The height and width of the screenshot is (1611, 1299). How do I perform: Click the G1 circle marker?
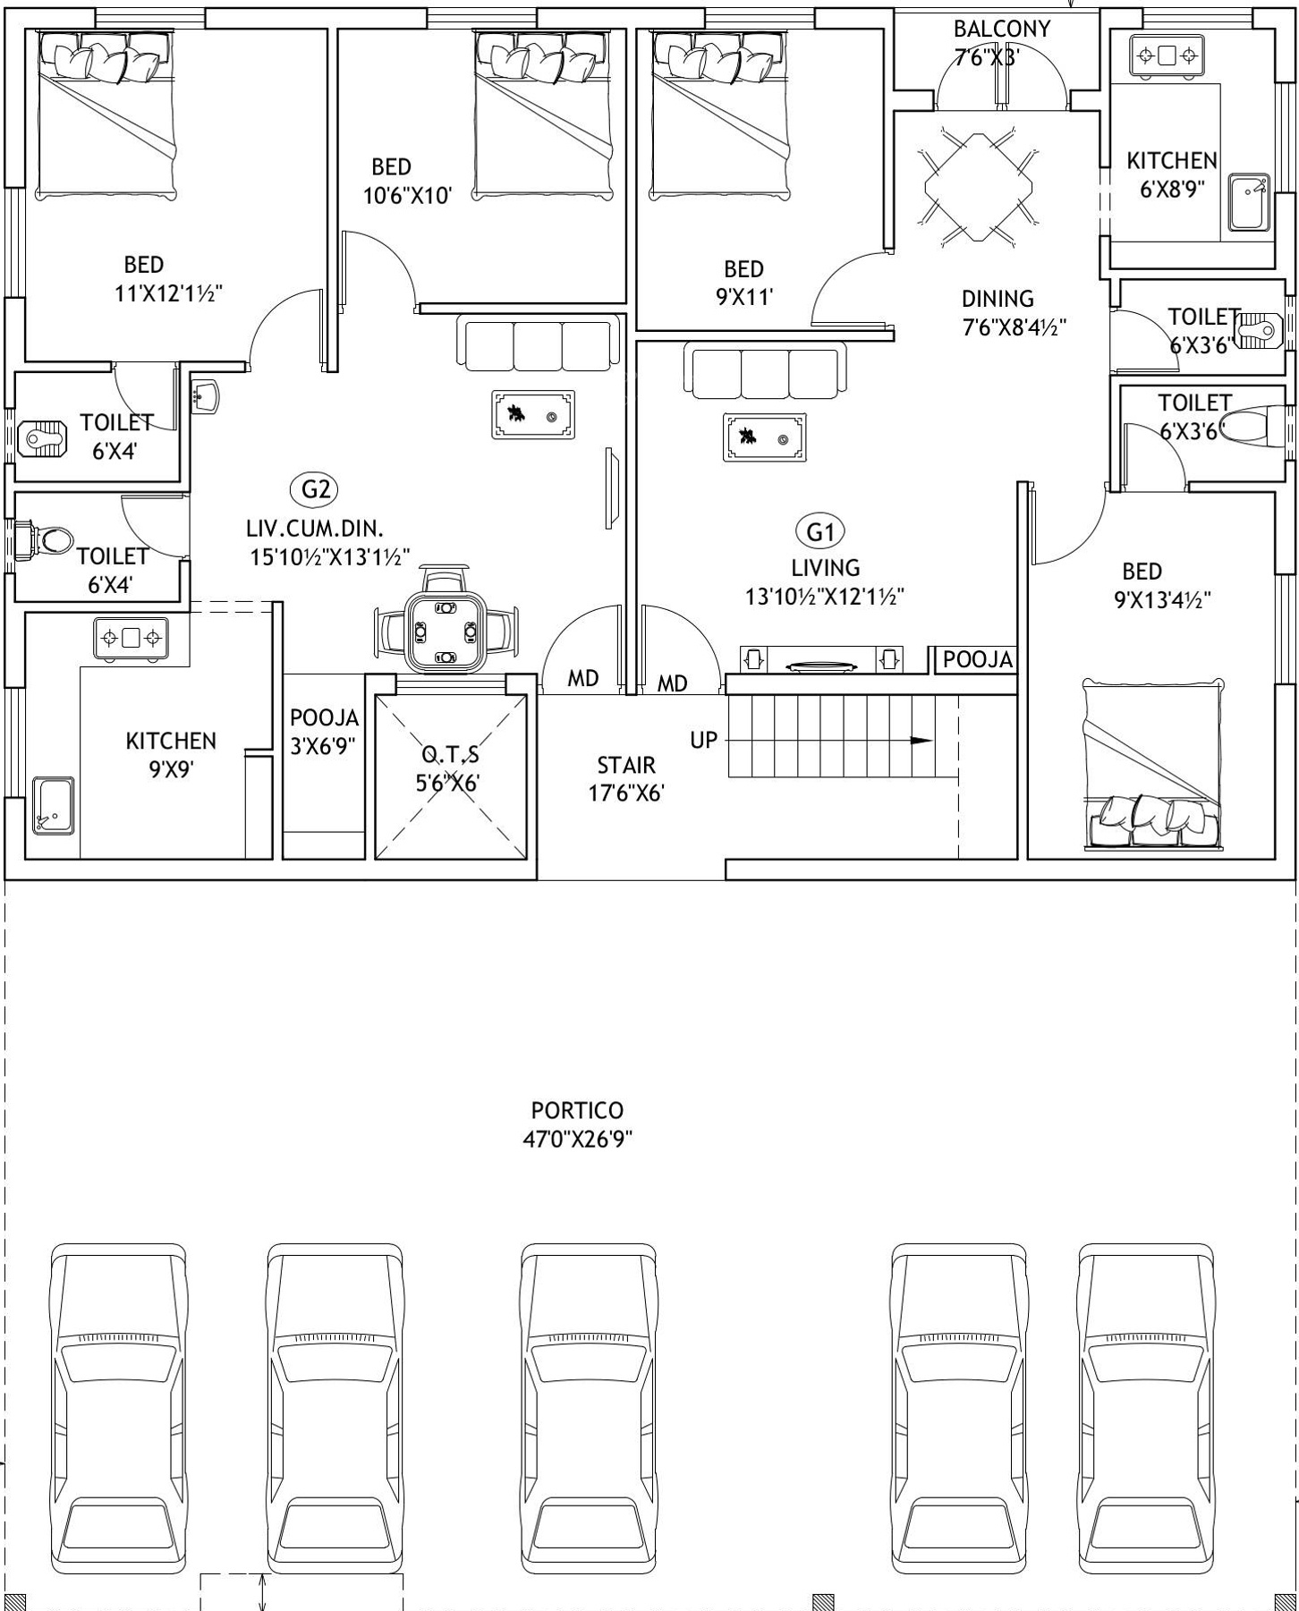[x=820, y=532]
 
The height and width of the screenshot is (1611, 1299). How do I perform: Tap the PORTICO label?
[x=577, y=1110]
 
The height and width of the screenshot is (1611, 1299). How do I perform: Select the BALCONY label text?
[x=1002, y=29]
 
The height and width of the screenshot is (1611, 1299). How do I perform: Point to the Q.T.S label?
[x=450, y=754]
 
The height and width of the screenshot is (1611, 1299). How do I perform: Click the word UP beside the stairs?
[x=703, y=741]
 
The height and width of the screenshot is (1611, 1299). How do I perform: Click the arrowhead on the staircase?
[x=921, y=741]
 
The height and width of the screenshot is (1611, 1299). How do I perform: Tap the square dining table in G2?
[x=446, y=632]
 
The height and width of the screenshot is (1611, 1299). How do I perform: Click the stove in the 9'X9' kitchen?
[x=132, y=639]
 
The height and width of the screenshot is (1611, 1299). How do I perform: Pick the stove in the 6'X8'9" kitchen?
[x=1167, y=56]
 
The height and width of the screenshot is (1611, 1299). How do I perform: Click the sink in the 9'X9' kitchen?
[x=54, y=805]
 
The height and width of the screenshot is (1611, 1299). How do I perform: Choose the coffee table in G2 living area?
[x=533, y=414]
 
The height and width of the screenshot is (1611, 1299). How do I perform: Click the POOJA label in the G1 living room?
[x=978, y=659]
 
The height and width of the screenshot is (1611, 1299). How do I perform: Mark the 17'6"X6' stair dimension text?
[x=626, y=793]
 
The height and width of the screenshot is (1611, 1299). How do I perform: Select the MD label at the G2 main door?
[x=583, y=679]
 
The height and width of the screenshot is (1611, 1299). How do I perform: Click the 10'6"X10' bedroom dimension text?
[x=407, y=195]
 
